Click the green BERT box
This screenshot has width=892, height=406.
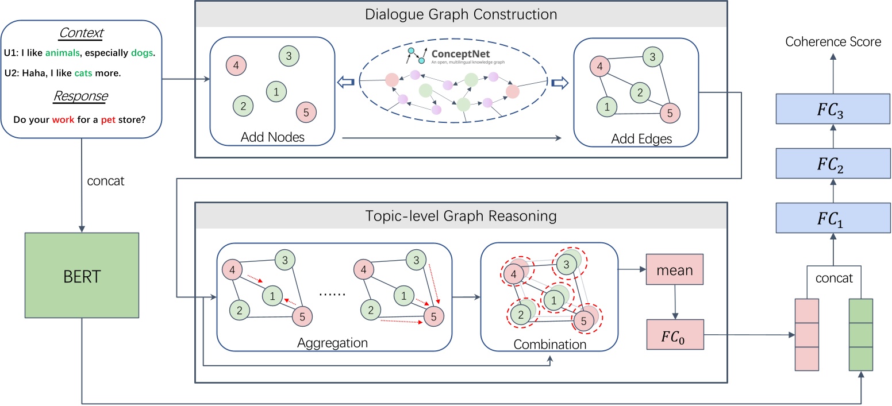[83, 276]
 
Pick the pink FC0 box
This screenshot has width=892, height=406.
[675, 334]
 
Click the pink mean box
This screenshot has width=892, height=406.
[675, 270]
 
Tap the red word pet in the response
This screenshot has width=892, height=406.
[108, 120]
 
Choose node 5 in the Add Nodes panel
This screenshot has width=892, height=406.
[306, 112]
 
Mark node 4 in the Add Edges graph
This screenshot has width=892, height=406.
[599, 66]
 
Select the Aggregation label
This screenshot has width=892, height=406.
[332, 343]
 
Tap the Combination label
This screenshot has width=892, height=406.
[550, 345]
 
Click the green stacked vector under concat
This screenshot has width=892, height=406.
[861, 335]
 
